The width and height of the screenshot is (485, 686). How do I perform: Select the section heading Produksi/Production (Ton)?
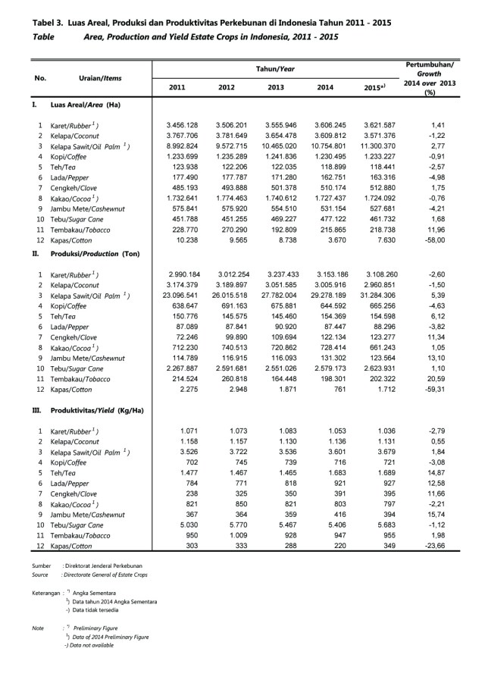pyautogui.click(x=97, y=254)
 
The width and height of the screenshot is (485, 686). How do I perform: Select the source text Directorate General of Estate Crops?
pyautogui.click(x=105, y=575)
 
